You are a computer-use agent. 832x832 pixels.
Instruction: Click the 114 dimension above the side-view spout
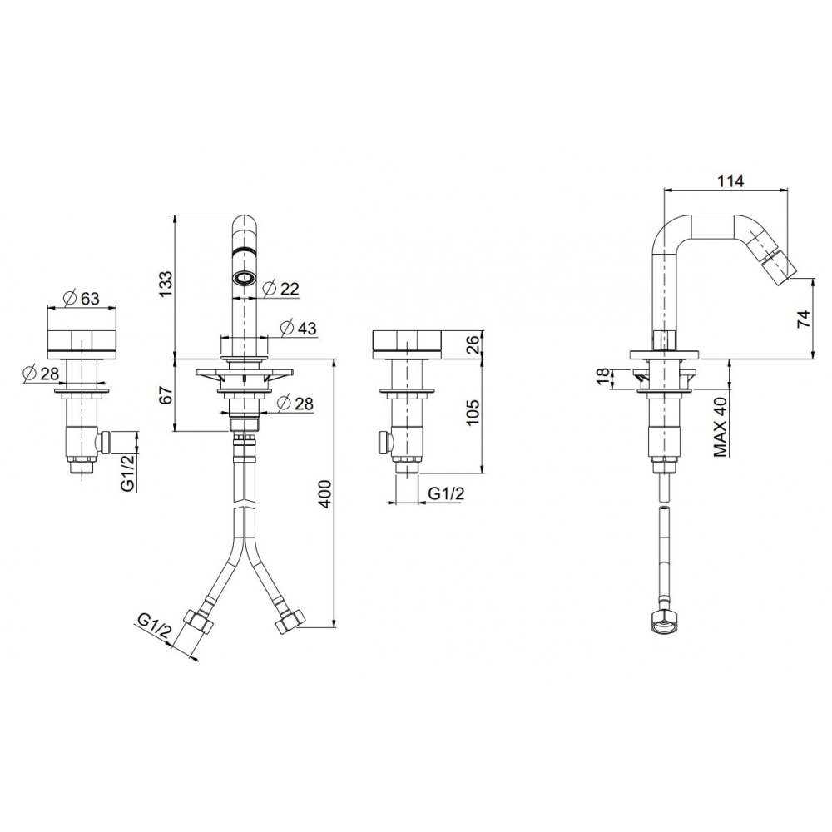[730, 181]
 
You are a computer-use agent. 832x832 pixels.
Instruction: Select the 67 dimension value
[166, 395]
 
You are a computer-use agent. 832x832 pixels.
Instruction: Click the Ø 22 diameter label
[281, 288]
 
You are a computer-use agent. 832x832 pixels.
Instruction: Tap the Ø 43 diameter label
[298, 328]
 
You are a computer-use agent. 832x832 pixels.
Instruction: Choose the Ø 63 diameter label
[82, 298]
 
